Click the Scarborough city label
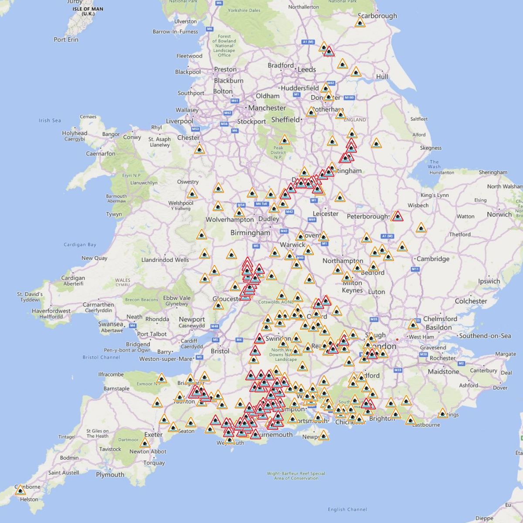(x=377, y=16)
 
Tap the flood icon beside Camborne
(x=20, y=491)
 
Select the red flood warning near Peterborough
(x=397, y=216)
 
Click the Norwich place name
(x=499, y=214)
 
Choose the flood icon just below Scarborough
(x=360, y=22)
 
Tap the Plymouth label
(x=110, y=475)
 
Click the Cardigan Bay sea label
(x=80, y=245)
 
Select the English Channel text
(x=347, y=509)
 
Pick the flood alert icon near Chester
(x=199, y=149)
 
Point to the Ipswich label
(x=489, y=281)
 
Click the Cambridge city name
(x=433, y=259)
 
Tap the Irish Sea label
(x=50, y=120)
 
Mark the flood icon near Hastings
(x=443, y=414)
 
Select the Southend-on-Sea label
(x=485, y=336)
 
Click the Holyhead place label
(x=75, y=133)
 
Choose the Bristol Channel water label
(x=101, y=357)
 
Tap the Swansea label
(x=111, y=324)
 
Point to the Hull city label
(x=382, y=77)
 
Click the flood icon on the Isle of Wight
(x=323, y=435)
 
